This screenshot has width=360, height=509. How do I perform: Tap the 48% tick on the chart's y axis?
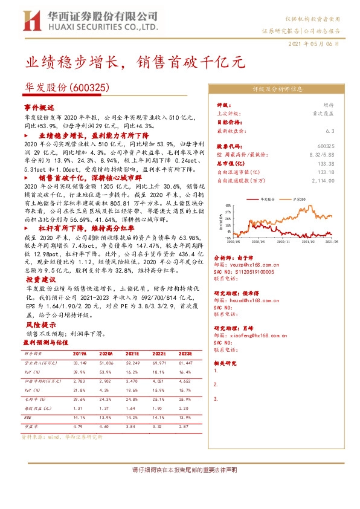pos(229,206)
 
